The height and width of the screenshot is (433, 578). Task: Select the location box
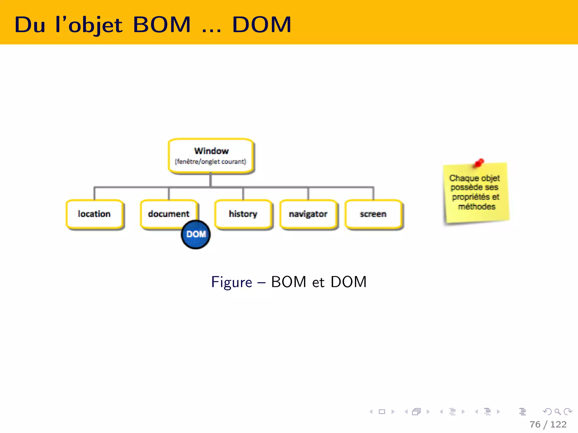click(94, 214)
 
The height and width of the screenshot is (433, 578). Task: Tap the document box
click(168, 213)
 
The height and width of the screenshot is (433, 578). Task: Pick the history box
click(243, 214)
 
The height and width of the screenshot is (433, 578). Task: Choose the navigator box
click(308, 214)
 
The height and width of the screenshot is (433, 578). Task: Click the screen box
click(373, 214)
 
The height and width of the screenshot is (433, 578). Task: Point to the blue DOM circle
click(196, 235)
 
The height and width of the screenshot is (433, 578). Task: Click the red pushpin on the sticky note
click(479, 163)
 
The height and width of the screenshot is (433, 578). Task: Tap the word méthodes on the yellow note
click(477, 207)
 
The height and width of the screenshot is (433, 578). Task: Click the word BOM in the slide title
click(162, 25)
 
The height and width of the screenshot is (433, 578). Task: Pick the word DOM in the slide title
click(262, 25)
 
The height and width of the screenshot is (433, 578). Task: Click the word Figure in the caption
click(231, 282)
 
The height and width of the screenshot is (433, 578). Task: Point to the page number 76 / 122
click(548, 424)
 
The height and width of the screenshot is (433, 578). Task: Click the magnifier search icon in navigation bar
click(557, 412)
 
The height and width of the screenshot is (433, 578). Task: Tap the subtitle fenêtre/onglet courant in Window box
click(211, 162)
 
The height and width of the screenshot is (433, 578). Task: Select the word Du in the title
click(30, 25)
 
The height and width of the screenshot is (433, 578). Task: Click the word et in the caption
click(318, 282)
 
